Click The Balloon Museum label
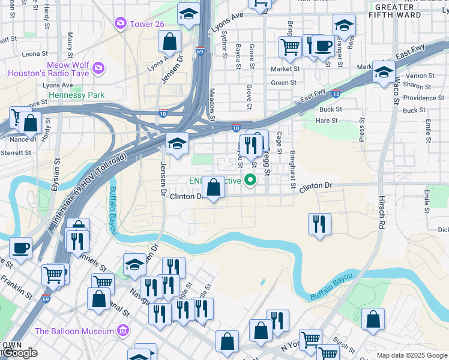tap(74, 331)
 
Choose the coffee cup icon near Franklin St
tap(20, 248)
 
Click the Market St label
tap(285, 69)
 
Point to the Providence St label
tap(423, 98)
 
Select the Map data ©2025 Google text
tap(411, 355)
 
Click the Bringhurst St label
tap(292, 170)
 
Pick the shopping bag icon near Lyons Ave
tap(170, 42)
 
